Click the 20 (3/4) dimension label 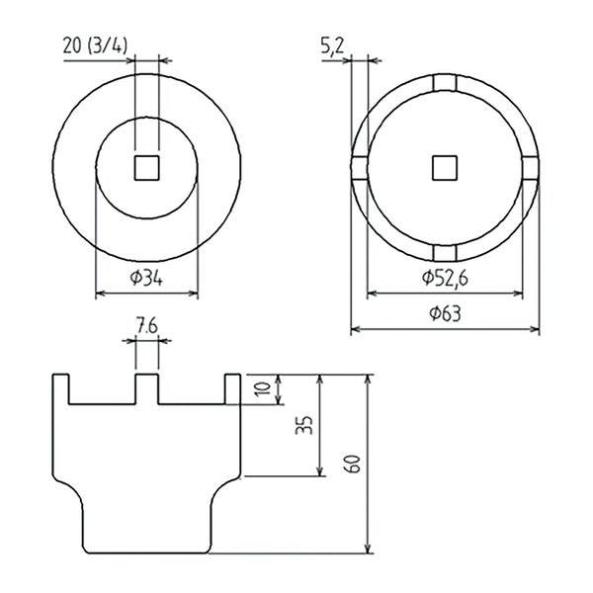pos(95,46)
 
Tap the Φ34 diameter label pos(146,279)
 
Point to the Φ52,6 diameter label pos(445,279)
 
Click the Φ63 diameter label pos(445,314)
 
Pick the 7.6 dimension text pos(147,327)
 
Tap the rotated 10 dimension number pos(263,388)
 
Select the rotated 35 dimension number pos(304,425)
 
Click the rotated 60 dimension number pos(352,464)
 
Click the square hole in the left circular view pos(146,168)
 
